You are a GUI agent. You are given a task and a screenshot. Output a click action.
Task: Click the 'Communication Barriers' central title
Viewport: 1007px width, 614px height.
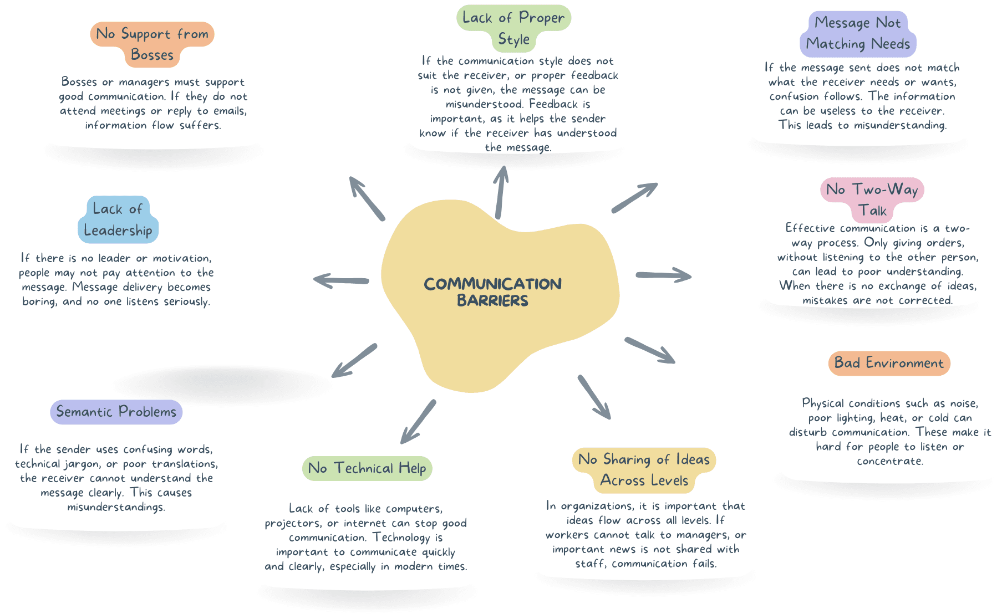(493, 292)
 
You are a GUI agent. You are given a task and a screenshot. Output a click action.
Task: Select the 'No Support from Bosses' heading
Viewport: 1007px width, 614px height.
(152, 44)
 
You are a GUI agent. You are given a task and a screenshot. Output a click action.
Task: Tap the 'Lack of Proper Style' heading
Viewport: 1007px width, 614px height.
(513, 28)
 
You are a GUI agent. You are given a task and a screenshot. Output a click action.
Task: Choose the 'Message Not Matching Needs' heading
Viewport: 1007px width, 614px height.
(858, 33)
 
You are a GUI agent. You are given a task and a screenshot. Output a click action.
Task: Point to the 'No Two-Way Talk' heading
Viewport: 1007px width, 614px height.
(872, 200)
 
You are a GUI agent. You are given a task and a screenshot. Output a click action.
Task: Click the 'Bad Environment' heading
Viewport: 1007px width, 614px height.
(889, 363)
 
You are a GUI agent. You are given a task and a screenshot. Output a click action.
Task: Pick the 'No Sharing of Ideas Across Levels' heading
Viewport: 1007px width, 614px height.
(644, 470)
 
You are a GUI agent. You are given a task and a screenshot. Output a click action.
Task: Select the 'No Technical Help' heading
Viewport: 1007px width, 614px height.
(367, 468)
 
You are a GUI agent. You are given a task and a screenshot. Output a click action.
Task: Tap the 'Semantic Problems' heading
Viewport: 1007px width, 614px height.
(116, 412)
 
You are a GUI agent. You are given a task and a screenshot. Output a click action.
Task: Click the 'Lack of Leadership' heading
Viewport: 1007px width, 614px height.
(118, 219)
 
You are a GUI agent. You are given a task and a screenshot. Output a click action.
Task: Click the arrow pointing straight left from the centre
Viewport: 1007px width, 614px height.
(341, 280)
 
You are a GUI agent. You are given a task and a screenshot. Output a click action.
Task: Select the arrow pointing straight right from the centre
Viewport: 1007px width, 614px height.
(664, 275)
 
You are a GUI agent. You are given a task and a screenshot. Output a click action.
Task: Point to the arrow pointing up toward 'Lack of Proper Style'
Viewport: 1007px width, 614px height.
(501, 192)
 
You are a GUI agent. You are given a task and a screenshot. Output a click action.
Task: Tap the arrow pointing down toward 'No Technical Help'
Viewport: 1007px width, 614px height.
(418, 422)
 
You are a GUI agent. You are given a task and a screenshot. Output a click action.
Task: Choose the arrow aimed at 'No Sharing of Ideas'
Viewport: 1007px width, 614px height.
(594, 397)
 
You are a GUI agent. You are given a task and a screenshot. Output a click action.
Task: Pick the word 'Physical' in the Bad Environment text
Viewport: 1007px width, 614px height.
(823, 403)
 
